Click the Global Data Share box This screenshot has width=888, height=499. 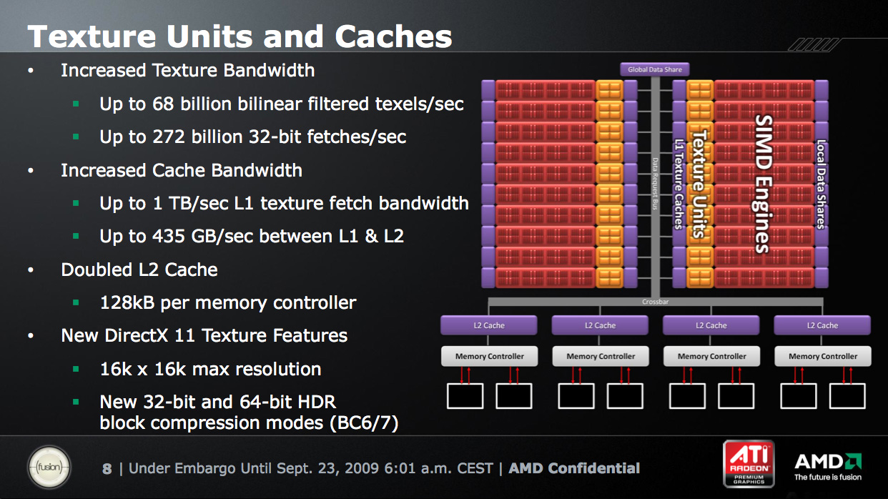[654, 69]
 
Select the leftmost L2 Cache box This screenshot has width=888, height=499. [489, 325]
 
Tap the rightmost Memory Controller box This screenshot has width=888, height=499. [823, 356]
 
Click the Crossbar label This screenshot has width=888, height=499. [655, 302]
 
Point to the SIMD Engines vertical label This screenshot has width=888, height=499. [762, 184]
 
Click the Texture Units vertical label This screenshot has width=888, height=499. [700, 184]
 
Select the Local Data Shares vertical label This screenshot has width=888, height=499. [821, 184]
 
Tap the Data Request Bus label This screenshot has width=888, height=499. [655, 184]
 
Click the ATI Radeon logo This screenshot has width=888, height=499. [749, 464]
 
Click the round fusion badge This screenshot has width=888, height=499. [49, 467]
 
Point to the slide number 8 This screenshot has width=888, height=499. [107, 469]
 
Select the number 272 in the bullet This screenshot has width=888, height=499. [169, 137]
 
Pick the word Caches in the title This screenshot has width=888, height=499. [393, 36]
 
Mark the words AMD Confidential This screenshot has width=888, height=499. [574, 468]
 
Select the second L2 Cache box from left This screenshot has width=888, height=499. [600, 325]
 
